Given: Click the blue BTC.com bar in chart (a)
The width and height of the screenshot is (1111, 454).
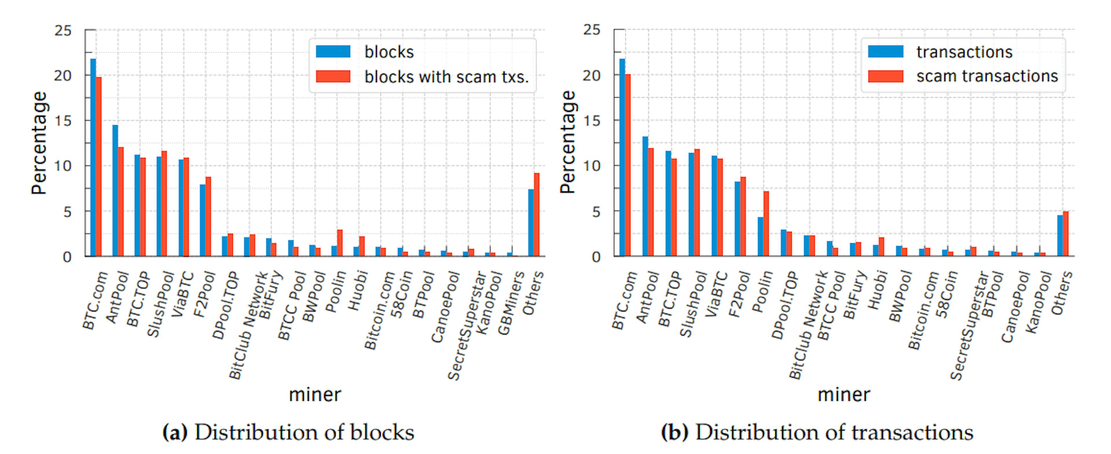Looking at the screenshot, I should point(93,157).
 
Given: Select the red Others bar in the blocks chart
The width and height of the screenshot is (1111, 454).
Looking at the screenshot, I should point(536,215).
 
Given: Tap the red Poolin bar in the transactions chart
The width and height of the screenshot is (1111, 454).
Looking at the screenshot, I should point(766,224).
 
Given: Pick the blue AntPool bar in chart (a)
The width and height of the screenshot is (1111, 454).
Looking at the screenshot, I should point(115,191).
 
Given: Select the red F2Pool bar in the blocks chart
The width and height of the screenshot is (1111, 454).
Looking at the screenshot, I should point(208,216).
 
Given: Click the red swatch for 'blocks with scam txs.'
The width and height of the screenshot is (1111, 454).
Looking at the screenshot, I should point(333,76).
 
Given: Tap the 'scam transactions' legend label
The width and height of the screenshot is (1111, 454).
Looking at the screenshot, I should point(987,76).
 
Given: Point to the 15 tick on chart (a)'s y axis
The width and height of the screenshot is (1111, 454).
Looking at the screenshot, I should point(63,121).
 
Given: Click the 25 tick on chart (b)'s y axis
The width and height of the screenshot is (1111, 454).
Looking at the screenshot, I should point(592,30).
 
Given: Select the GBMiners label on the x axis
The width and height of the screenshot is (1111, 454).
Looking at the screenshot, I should point(511,303).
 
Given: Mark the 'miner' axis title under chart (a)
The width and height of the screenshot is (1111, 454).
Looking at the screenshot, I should point(315,394).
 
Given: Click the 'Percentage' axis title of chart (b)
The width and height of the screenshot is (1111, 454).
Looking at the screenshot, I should point(568,142).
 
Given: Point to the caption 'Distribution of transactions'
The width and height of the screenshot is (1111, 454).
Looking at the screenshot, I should point(834,432).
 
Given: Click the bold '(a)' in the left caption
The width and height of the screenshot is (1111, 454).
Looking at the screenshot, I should point(175,432).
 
